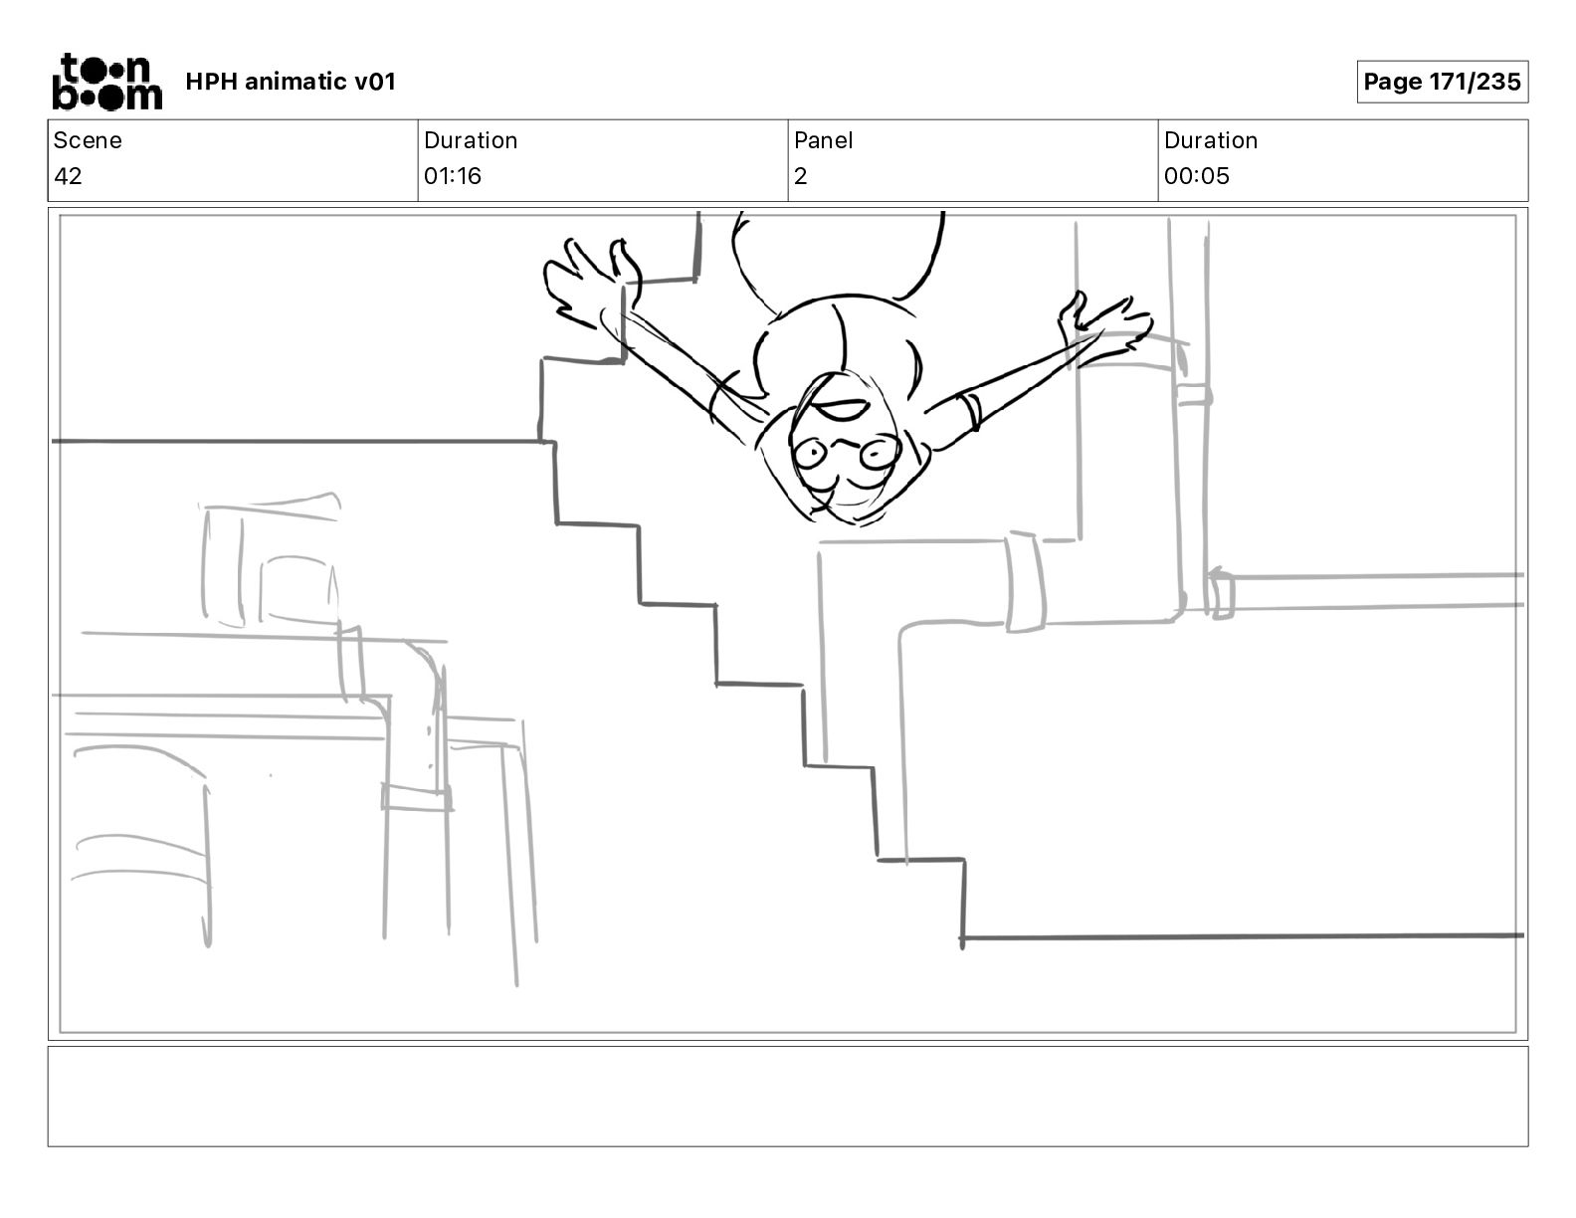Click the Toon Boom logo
click(107, 82)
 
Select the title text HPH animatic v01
click(291, 82)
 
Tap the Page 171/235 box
click(1442, 82)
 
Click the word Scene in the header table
click(88, 140)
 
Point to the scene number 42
click(69, 175)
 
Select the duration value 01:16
click(453, 175)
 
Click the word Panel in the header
click(823, 140)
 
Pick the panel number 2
click(801, 175)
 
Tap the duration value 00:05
click(1197, 175)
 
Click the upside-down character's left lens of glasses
click(811, 454)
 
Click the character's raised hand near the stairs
click(591, 283)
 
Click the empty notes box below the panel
click(788, 1096)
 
